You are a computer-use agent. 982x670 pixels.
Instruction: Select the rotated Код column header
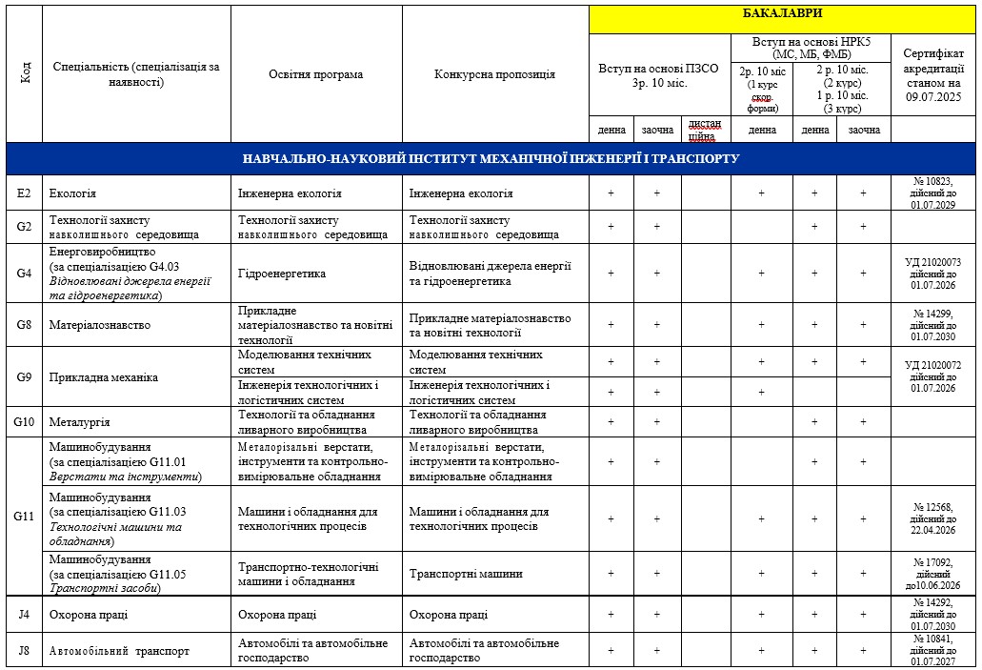[x=24, y=74]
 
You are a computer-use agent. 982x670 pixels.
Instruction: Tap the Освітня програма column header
[x=315, y=74]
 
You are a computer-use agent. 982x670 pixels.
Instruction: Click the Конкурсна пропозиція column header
[x=494, y=74]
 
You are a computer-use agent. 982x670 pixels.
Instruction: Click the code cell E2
[x=24, y=193]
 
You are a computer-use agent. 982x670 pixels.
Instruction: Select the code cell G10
[x=24, y=421]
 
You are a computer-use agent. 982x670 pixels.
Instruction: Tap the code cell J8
[x=24, y=652]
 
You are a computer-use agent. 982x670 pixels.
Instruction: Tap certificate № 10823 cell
[x=932, y=193]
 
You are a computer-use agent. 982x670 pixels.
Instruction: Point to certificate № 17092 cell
[x=932, y=574]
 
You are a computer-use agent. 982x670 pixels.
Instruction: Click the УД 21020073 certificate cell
[x=932, y=274]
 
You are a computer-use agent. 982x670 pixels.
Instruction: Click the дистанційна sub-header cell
[x=705, y=130]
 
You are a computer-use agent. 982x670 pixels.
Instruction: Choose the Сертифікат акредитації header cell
[x=932, y=74]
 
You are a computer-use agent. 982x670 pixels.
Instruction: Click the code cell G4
[x=24, y=274]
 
